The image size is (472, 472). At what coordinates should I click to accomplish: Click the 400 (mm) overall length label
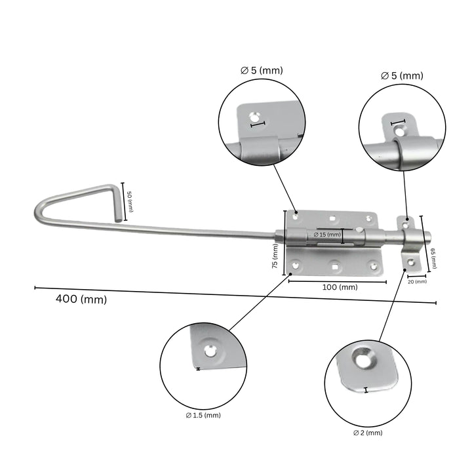coord(81,299)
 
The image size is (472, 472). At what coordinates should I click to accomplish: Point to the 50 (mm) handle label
coord(130,201)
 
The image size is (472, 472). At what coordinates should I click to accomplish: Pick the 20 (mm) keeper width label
coord(416,282)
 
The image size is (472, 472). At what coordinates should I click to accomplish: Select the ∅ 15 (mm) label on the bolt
coord(326,234)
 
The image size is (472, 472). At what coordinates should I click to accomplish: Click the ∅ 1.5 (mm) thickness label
coord(203,415)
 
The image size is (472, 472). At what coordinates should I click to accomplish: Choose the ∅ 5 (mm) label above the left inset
coord(262,69)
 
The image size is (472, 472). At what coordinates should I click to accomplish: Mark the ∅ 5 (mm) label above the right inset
coord(402,75)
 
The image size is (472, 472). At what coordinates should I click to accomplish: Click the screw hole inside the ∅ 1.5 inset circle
coord(210,351)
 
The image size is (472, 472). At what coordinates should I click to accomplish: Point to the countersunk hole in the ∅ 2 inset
coord(364,359)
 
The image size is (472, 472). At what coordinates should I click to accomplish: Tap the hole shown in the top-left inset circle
coord(253,117)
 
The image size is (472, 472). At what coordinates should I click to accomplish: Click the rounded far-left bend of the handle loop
coord(38,215)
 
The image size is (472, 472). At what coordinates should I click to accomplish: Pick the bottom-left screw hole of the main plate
coord(296,265)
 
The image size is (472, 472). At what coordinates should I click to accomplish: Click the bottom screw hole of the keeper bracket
coord(411,264)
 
